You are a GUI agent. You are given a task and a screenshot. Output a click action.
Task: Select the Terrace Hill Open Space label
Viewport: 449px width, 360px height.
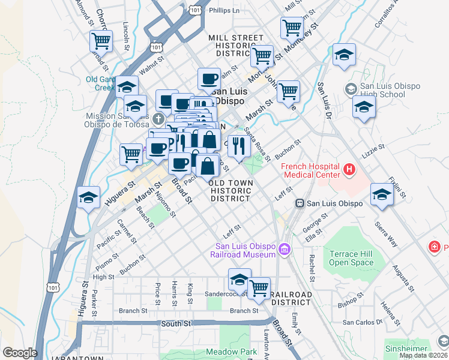[351, 258]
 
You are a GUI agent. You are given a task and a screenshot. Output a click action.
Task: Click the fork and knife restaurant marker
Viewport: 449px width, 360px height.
[239, 146]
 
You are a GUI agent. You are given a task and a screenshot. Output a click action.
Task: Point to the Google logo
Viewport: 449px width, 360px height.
[19, 353]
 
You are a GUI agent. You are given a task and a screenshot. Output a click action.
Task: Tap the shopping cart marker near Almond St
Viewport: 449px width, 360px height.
[101, 41]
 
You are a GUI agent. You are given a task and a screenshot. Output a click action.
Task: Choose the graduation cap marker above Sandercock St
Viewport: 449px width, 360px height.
[239, 280]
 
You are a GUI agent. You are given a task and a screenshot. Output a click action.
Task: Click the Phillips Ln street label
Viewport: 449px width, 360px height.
[224, 10]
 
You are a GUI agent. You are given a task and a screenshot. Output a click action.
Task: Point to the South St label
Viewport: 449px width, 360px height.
[176, 323]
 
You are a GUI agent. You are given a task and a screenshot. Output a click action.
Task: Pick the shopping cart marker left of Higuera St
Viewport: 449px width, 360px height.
[131, 154]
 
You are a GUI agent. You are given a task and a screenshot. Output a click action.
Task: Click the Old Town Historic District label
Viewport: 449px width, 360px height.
[231, 190]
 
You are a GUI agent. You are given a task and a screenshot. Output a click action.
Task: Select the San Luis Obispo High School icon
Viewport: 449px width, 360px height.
[351, 89]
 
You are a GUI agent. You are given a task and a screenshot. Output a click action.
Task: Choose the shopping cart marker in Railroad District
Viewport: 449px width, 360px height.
[259, 288]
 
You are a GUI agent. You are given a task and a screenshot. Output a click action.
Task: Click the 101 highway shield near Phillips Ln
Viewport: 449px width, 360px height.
[194, 10]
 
